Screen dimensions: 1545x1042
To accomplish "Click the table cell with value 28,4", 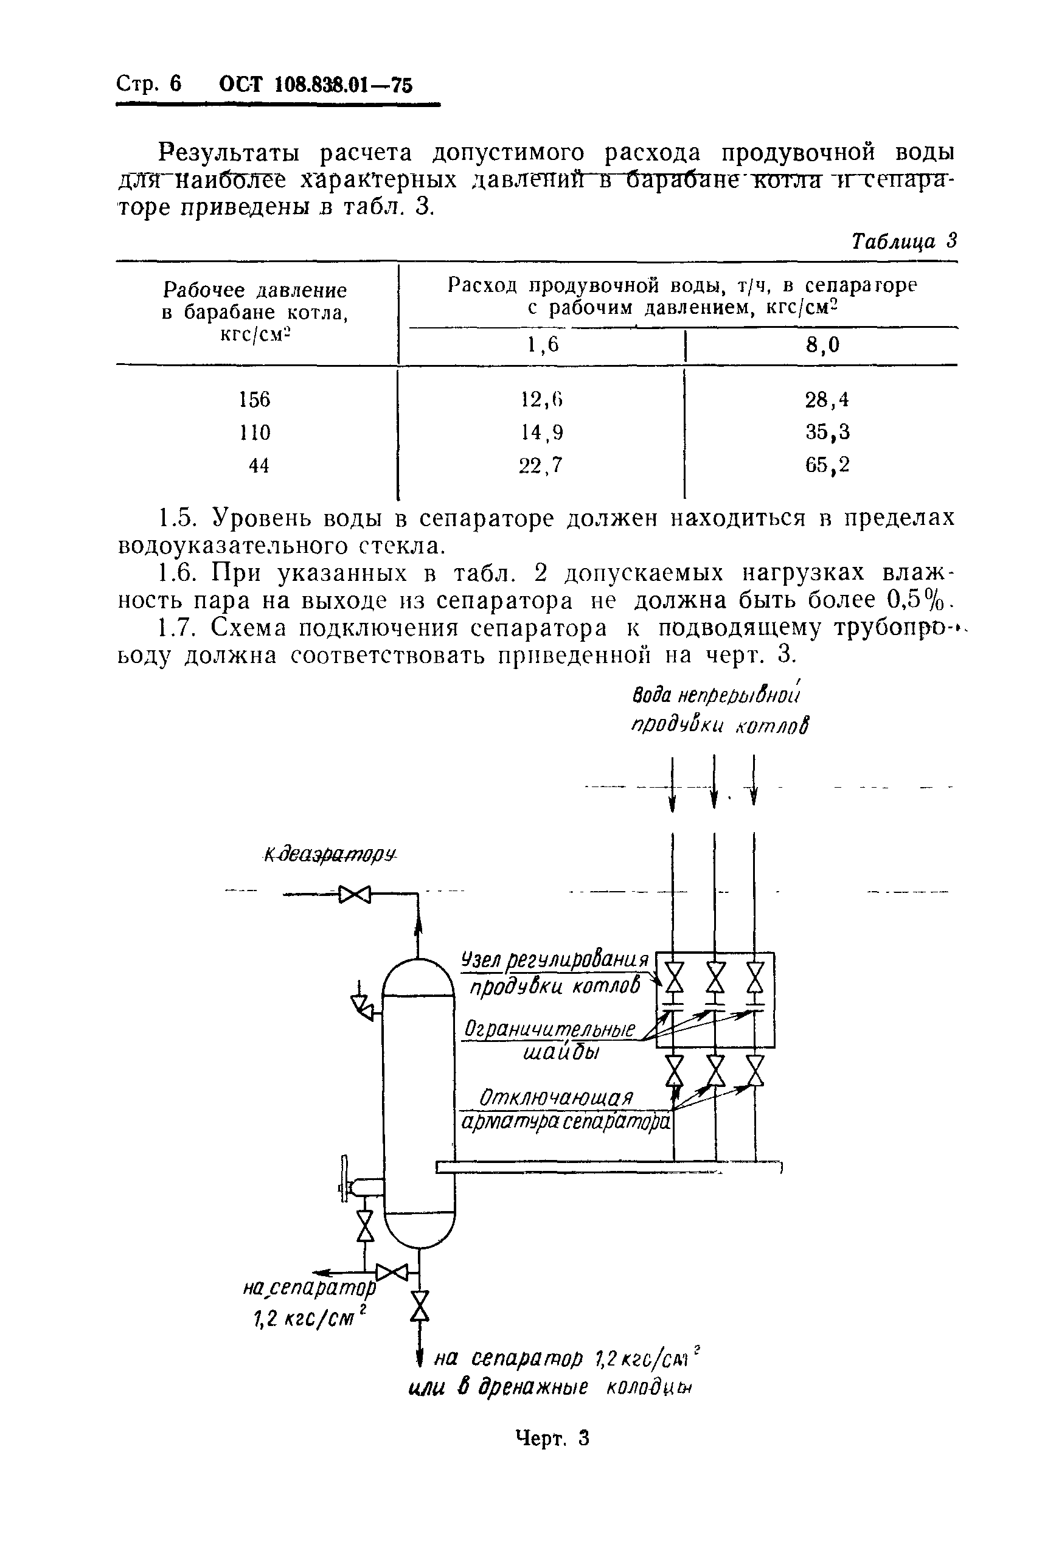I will (827, 400).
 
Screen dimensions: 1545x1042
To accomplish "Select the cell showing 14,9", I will (541, 432).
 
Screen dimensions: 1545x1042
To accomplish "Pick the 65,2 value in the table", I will (827, 465).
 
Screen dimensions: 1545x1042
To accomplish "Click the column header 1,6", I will (544, 344).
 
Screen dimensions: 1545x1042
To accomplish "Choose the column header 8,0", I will (822, 344).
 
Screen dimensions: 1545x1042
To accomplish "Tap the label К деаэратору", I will (330, 855).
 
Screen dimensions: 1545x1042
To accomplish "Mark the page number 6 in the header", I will (175, 85).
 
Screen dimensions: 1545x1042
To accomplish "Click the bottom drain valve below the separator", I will (420, 1307).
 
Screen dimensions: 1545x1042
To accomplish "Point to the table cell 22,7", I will (540, 465).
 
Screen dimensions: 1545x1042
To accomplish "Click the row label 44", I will (259, 465).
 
